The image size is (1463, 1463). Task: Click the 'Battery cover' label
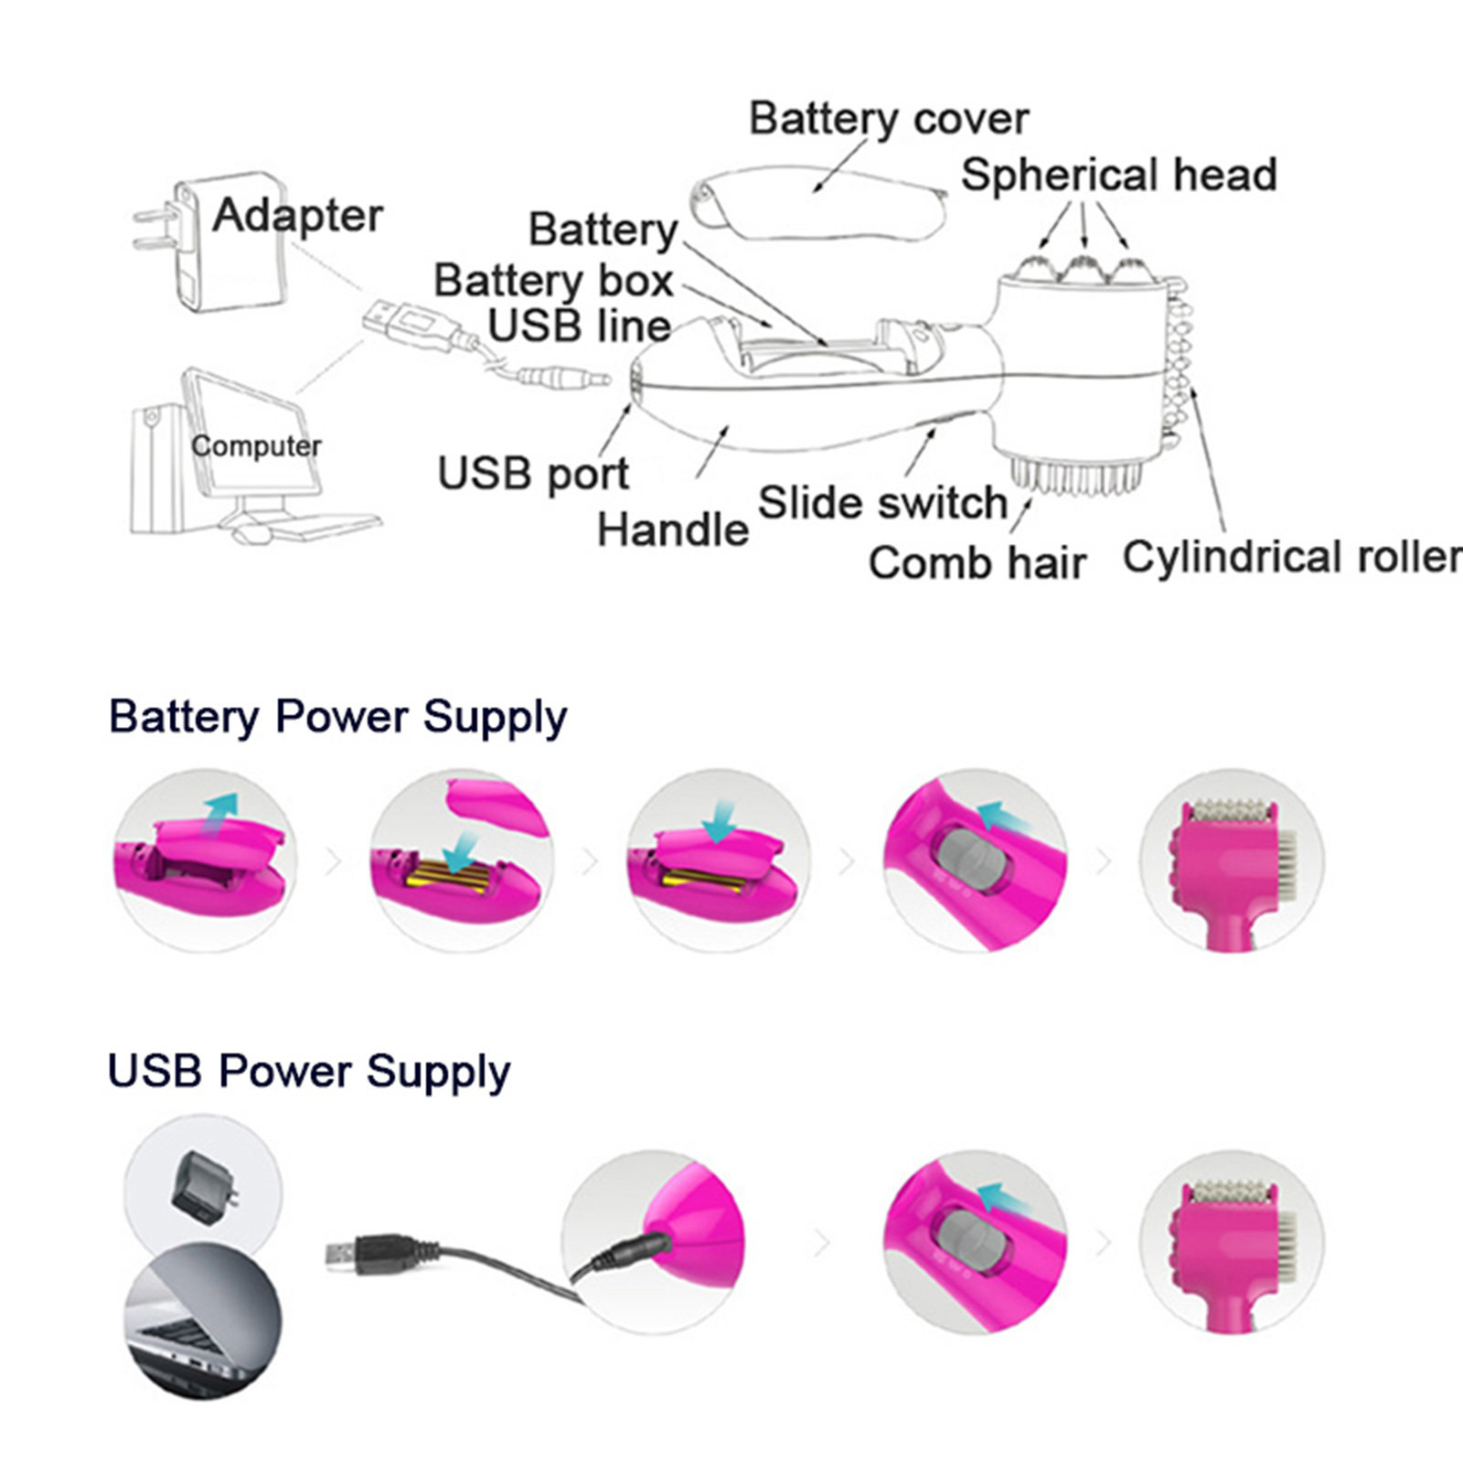(x=888, y=119)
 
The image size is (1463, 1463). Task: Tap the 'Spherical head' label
(x=1118, y=175)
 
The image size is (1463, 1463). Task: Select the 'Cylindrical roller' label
(x=1291, y=556)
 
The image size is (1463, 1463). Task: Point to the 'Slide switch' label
(x=882, y=503)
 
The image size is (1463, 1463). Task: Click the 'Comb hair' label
(x=977, y=562)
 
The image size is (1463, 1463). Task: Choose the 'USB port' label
(x=533, y=474)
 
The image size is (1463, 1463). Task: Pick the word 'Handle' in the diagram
(x=672, y=529)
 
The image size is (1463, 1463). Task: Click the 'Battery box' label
(x=553, y=280)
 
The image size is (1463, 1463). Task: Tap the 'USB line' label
(x=579, y=326)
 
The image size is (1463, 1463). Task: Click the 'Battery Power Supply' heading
(x=337, y=716)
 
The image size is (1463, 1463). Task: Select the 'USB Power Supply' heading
(x=309, y=1071)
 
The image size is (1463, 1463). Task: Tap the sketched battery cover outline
(x=818, y=203)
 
